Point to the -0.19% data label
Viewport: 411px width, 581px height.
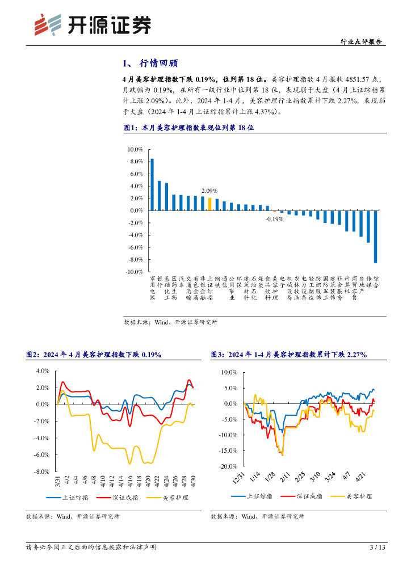click(274, 219)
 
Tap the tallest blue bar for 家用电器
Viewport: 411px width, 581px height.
click(152, 184)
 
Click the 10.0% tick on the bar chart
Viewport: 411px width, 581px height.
click(135, 149)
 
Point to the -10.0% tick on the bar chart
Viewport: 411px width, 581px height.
click(134, 272)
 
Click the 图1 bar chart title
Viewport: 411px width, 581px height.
click(188, 128)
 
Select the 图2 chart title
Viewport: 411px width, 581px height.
click(94, 355)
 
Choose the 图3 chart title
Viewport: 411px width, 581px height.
click(288, 355)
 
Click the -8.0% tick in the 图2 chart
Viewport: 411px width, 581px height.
click(42, 471)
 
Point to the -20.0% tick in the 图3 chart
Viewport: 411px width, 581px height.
click(228, 466)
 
